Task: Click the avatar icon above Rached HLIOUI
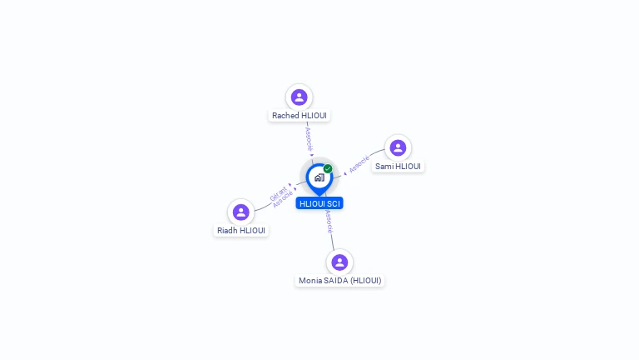pos(299,97)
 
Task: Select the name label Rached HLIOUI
pos(299,116)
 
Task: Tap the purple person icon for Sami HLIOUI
pos(398,147)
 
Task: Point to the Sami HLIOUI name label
pos(398,167)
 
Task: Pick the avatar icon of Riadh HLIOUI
pos(241,212)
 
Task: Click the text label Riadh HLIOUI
pos(241,231)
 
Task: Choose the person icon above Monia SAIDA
pos(339,262)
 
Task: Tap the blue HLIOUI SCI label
pos(319,203)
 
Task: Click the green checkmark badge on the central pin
pos(328,168)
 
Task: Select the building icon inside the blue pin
pos(319,177)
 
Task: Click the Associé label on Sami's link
pos(359,163)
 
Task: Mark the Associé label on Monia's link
pos(329,221)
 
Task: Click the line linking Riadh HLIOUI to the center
pos(265,204)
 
